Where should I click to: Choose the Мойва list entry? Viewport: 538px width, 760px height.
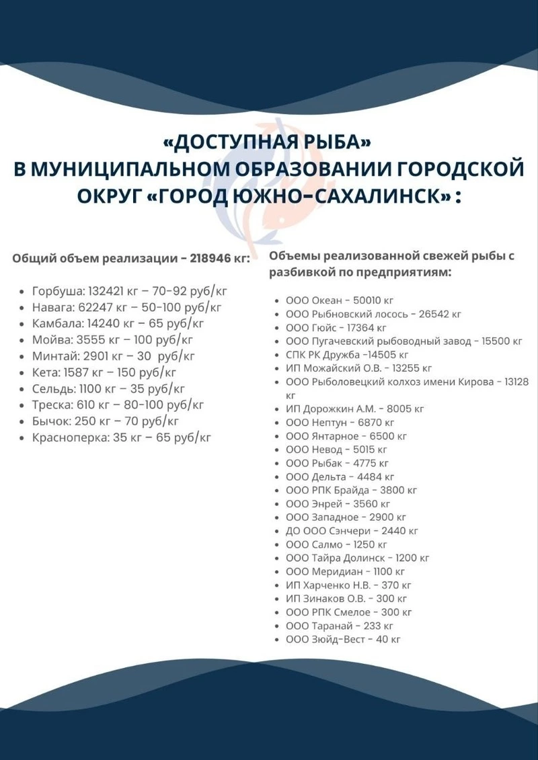pyautogui.click(x=112, y=339)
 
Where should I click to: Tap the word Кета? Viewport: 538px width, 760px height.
pyautogui.click(x=45, y=372)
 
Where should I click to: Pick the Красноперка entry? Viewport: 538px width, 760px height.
pyautogui.click(x=121, y=437)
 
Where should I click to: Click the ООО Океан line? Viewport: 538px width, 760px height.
pyautogui.click(x=339, y=300)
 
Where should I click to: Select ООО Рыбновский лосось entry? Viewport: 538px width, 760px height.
pyautogui.click(x=373, y=314)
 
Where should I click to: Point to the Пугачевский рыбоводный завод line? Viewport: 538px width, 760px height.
pyautogui.click(x=403, y=341)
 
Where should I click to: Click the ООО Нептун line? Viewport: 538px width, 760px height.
pyautogui.click(x=340, y=423)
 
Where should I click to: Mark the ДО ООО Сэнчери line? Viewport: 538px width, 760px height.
pyautogui.click(x=352, y=531)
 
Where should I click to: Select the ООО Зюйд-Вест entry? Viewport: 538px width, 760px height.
pyautogui.click(x=343, y=640)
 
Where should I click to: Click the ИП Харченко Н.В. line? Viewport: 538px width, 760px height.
pyautogui.click(x=348, y=585)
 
